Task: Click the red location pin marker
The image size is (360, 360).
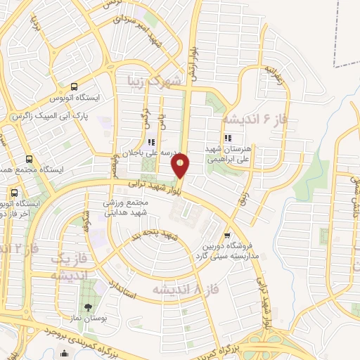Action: (x=181, y=166)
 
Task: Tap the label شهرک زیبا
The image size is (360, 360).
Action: (x=154, y=80)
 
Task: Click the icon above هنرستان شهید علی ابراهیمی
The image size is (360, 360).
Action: (x=227, y=138)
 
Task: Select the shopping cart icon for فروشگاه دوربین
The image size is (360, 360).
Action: (x=226, y=236)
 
